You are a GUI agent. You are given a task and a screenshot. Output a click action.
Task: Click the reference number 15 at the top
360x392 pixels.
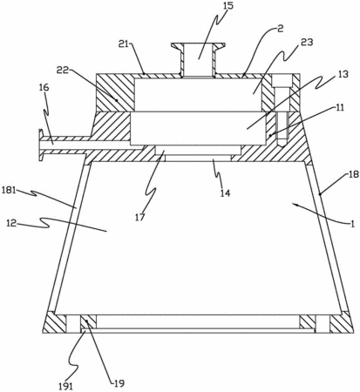coord(228,6)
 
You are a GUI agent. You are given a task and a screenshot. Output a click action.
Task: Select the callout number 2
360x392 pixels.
coord(280,29)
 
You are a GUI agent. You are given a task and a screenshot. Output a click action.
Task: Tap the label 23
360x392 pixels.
coord(307,43)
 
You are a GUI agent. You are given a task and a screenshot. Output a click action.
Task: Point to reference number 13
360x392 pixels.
coord(343,74)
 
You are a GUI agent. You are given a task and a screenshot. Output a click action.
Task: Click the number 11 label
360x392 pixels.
coord(339,107)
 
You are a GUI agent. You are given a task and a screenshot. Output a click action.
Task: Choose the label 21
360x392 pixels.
coord(125,44)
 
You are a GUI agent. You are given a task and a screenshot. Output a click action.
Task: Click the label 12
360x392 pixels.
coord(12,223)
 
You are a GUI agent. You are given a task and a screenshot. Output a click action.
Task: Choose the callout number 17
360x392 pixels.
coord(139,217)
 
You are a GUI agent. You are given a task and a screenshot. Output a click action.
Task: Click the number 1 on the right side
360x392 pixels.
coord(352,224)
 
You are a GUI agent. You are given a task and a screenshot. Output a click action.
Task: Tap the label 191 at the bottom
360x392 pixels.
coord(65,386)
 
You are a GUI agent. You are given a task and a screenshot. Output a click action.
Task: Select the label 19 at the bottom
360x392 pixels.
coord(119,383)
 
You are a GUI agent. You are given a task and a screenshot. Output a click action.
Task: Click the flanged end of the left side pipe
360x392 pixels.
coord(41,144)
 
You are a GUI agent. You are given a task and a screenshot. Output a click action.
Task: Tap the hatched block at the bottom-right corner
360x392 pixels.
coord(342,322)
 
